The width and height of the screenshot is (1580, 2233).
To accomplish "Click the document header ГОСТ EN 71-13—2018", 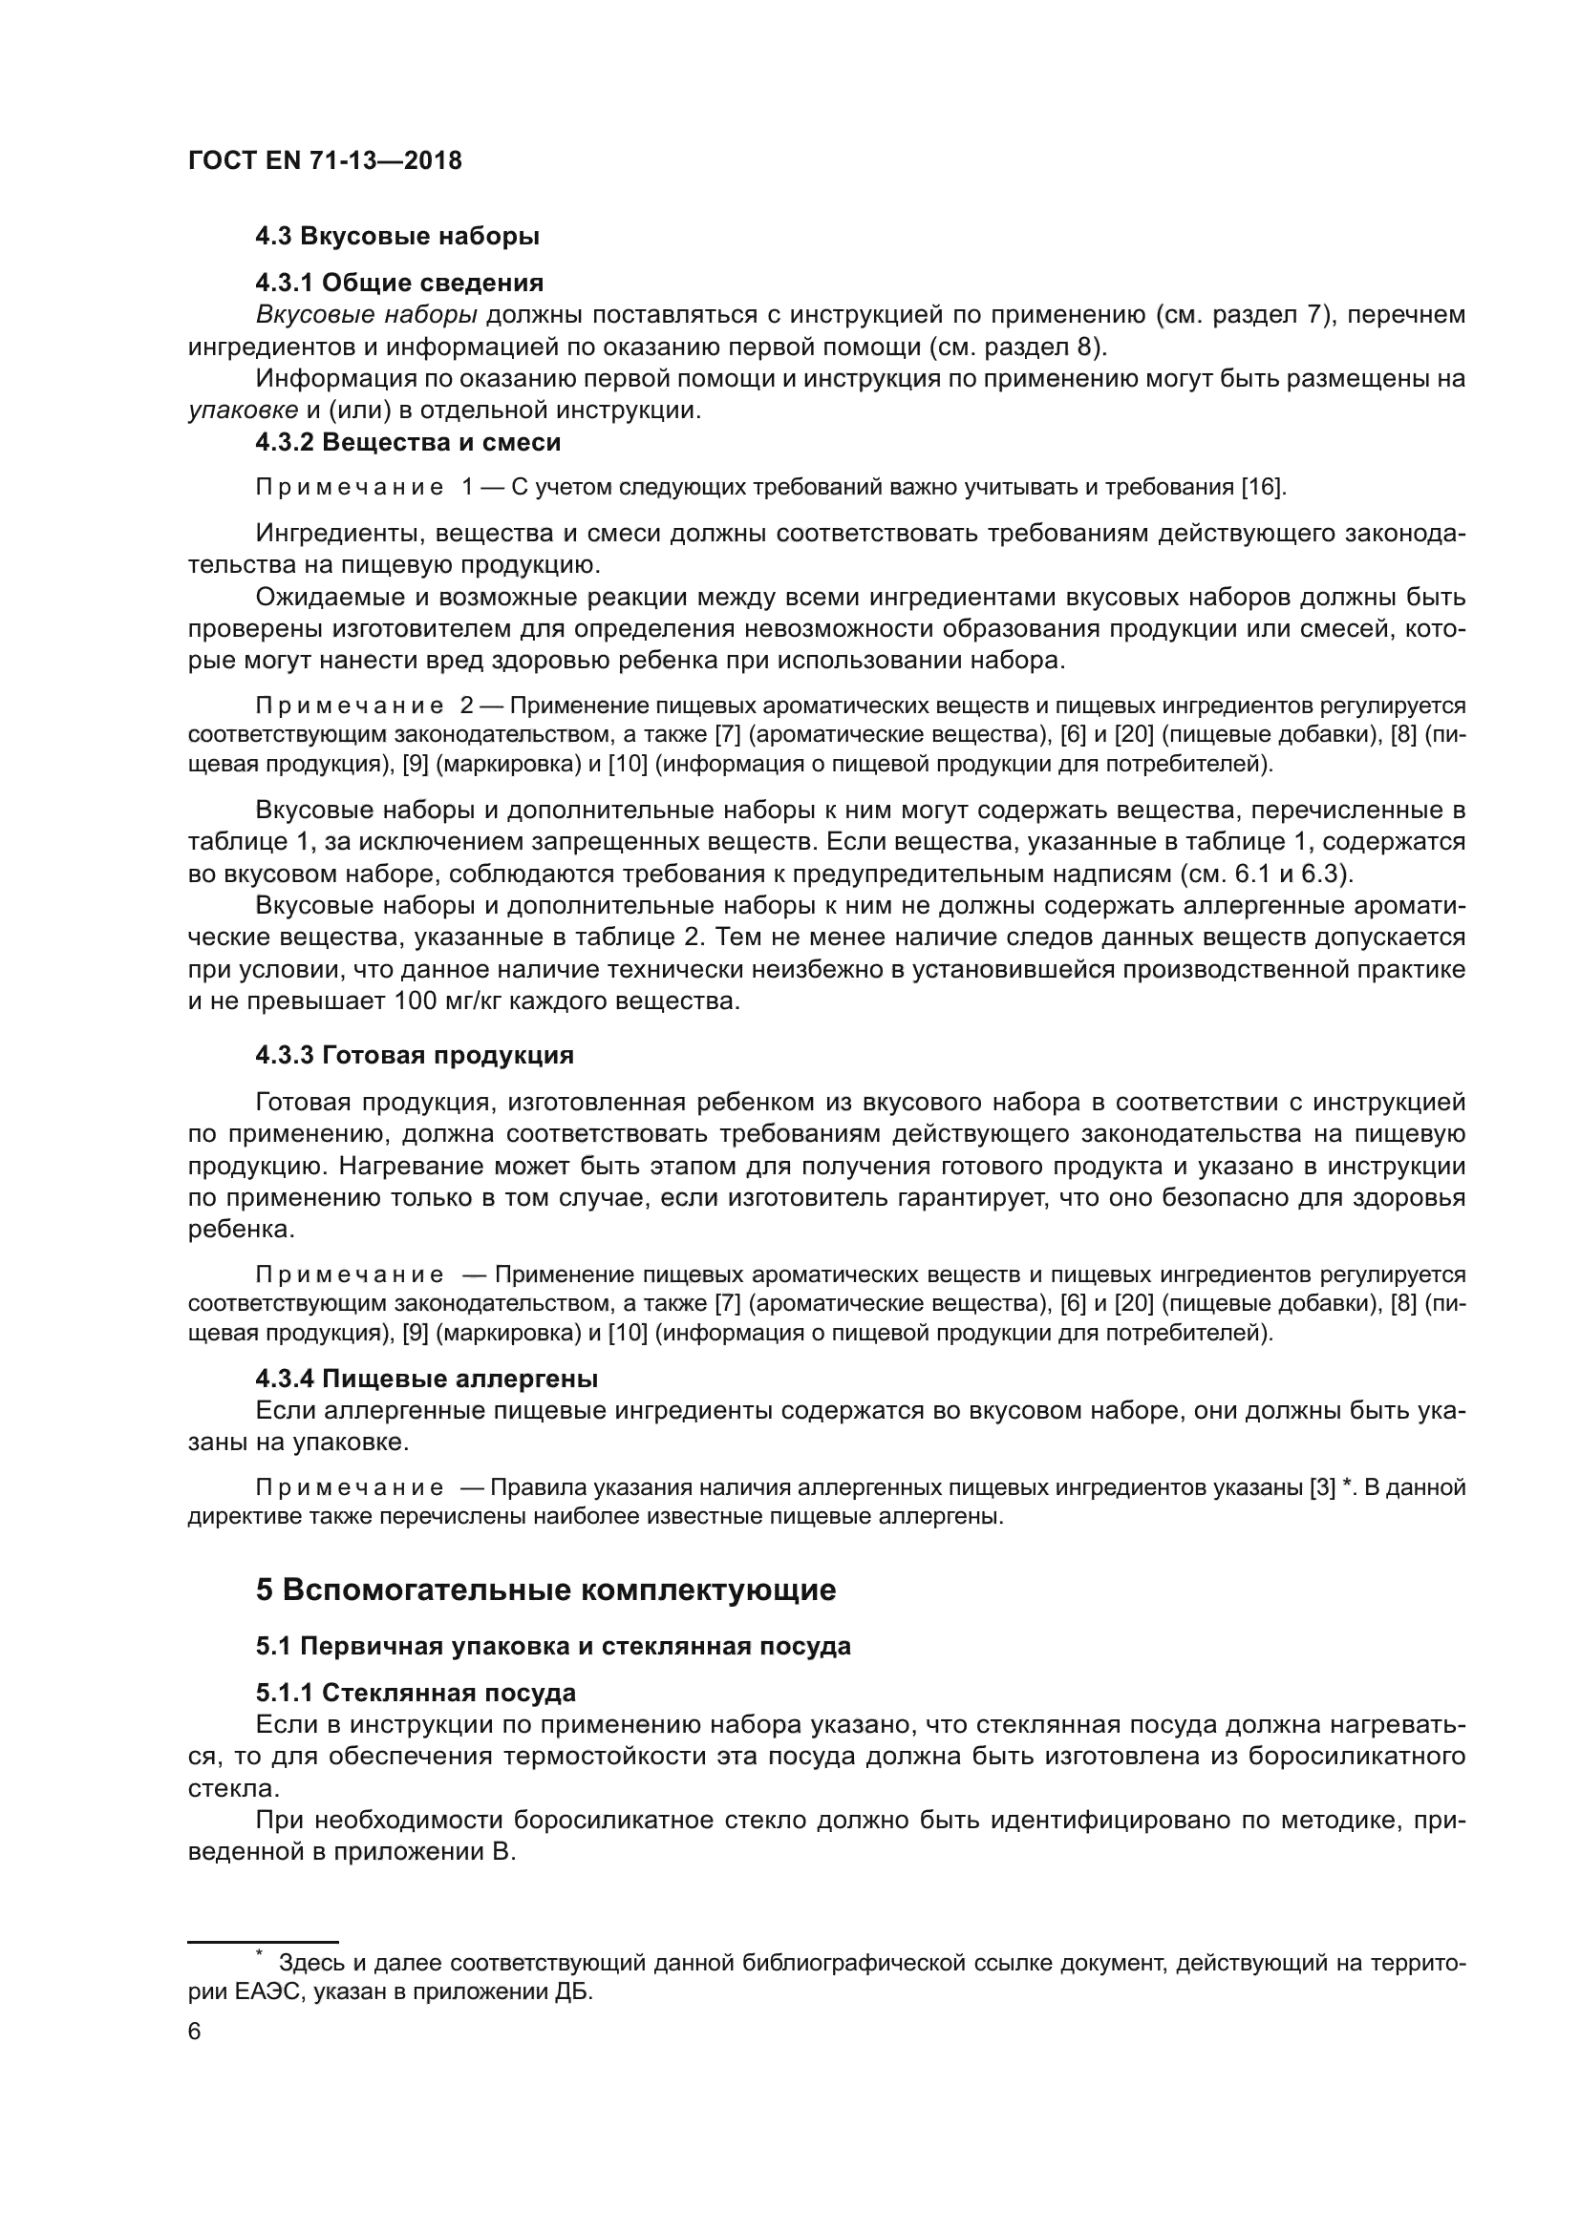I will tap(325, 161).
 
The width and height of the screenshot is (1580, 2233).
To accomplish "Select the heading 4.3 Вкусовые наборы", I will tap(397, 237).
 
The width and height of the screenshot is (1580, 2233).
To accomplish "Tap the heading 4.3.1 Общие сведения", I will tap(399, 283).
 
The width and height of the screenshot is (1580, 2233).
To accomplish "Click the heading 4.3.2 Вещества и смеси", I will tap(408, 443).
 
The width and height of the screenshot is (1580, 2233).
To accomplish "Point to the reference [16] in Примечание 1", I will tap(1262, 487).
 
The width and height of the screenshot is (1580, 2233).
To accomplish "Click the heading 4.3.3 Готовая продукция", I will tap(415, 1055).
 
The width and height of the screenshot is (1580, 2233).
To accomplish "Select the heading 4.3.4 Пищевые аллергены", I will tap(426, 1380).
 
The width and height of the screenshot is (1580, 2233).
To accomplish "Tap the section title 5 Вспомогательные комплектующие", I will tap(544, 1590).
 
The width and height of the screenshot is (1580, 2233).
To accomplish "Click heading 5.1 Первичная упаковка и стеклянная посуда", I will tap(552, 1647).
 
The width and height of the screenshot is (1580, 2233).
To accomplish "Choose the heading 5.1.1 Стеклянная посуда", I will tap(416, 1694).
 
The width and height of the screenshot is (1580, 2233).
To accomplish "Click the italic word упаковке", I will tap(244, 411).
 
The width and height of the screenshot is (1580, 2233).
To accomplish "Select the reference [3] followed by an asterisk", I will tap(1322, 1488).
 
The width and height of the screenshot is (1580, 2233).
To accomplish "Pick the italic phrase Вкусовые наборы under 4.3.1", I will tap(366, 315).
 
